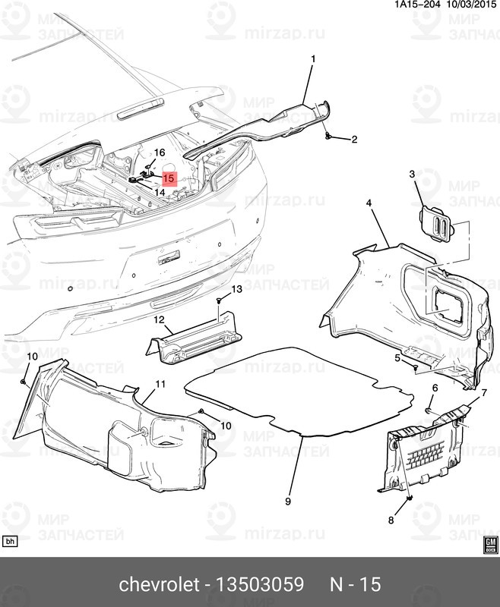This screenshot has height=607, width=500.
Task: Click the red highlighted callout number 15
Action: point(169,179)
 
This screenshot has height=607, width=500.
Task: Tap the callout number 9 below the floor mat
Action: point(288,502)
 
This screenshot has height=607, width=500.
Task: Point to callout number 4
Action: point(368,203)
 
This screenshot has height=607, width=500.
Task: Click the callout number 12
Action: point(159,320)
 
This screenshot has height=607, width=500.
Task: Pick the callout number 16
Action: point(160,153)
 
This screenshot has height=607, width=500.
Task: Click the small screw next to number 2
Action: point(328,136)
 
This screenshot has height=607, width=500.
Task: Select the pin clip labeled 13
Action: point(219,302)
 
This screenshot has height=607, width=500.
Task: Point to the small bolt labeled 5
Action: point(417,367)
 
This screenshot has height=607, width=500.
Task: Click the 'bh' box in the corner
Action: point(11,541)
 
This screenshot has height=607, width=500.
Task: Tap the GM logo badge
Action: point(490,543)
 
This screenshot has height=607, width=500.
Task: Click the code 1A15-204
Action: point(416,5)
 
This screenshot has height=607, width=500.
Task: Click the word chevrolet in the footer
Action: point(157,585)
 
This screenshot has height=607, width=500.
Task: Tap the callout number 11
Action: point(160,385)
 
